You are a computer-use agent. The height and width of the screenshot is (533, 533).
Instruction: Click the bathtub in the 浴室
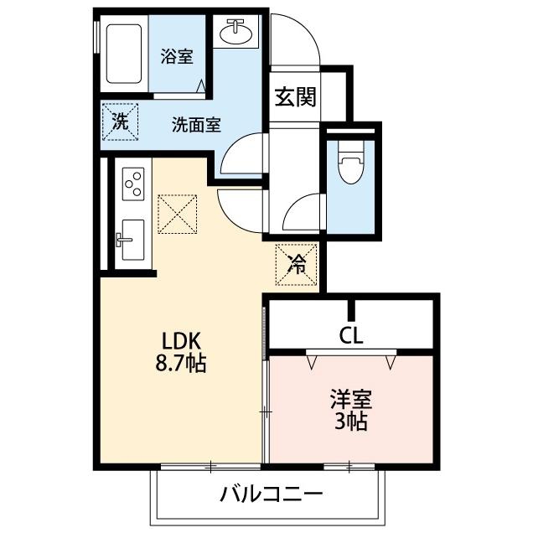(124, 54)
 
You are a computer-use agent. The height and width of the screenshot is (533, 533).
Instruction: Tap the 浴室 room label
(177, 56)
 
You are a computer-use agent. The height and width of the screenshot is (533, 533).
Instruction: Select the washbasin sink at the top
(235, 32)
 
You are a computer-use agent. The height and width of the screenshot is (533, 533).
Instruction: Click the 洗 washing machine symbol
(121, 122)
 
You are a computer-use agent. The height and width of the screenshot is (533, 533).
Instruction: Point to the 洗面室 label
(196, 125)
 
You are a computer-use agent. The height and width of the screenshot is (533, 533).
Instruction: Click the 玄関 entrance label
(295, 97)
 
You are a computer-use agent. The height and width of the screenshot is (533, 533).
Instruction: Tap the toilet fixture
(351, 162)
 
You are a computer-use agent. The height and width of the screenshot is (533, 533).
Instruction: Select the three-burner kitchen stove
(133, 184)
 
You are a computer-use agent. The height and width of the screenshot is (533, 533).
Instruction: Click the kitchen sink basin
(132, 240)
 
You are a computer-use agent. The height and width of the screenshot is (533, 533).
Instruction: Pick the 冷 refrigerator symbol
(297, 265)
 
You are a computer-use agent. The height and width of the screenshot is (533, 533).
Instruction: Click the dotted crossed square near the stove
(178, 214)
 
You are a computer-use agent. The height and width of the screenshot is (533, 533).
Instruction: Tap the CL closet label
(351, 336)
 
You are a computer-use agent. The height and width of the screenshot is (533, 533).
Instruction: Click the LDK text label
(181, 341)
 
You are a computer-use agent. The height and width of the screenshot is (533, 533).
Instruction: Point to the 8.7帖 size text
(181, 364)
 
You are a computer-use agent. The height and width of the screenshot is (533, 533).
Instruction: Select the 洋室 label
(351, 400)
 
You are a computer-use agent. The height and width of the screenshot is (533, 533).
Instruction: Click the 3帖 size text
(351, 422)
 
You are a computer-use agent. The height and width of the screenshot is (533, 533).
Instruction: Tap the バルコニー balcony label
(271, 494)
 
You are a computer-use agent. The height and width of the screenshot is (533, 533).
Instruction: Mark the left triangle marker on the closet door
(312, 362)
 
